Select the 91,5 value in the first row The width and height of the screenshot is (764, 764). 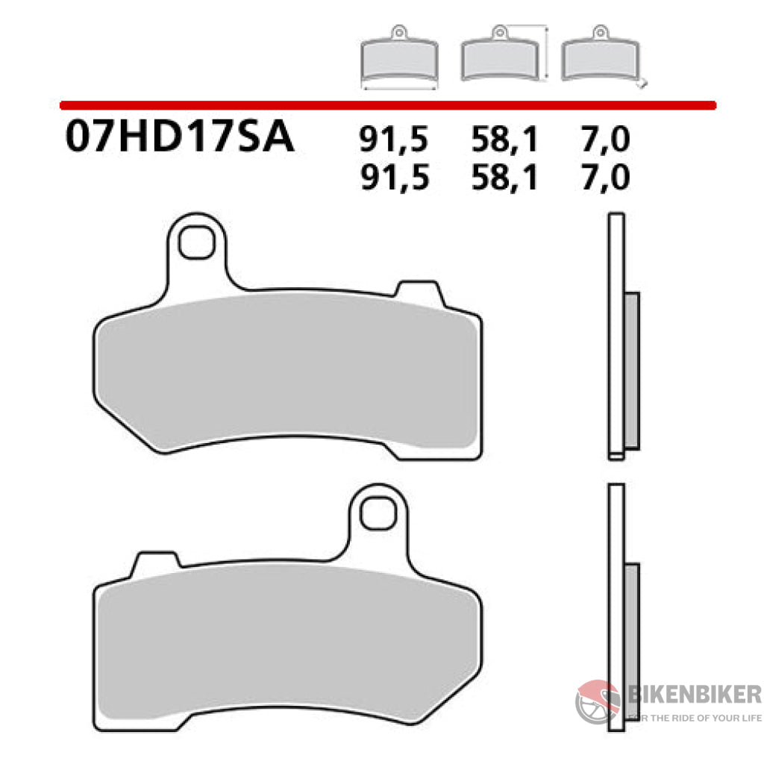(x=395, y=140)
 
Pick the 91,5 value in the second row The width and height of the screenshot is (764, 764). (x=395, y=178)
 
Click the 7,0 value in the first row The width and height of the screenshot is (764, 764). (x=603, y=140)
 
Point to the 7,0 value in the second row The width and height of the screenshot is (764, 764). (x=603, y=178)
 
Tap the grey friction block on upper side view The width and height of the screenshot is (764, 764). (x=631, y=370)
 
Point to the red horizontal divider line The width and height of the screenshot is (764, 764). (x=388, y=105)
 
